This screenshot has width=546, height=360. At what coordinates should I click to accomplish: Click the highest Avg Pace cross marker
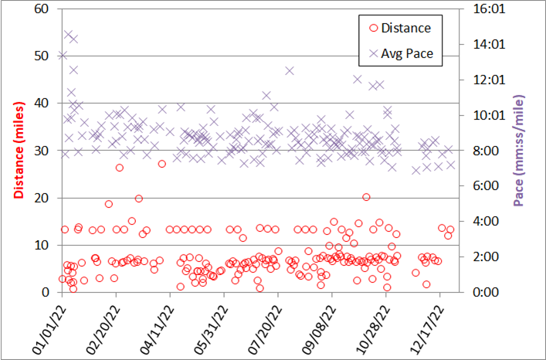pyautogui.click(x=68, y=35)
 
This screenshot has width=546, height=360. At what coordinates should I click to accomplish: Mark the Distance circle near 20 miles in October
pyautogui.click(x=366, y=197)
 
